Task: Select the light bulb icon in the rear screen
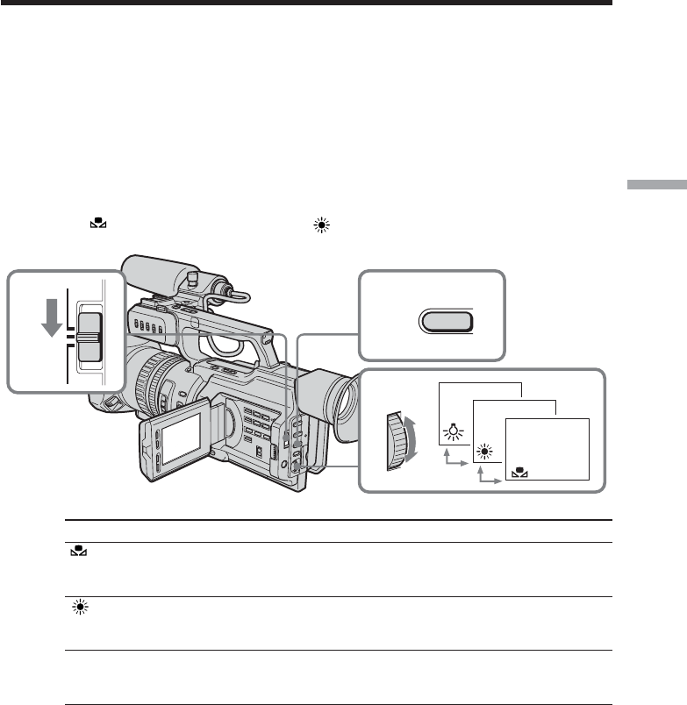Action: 453,431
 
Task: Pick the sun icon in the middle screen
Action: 484,452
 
